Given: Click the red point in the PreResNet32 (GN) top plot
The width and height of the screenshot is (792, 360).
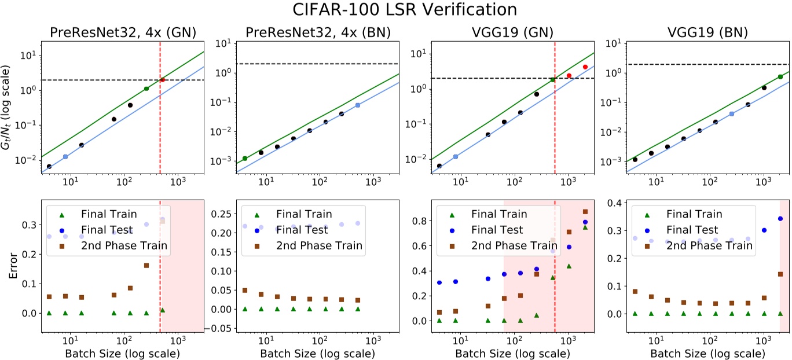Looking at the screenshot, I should coord(163,80).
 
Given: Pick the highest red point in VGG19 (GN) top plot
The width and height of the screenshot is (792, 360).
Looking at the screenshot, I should coord(585,67).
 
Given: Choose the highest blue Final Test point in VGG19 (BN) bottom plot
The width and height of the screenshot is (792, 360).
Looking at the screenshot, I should coord(780,219).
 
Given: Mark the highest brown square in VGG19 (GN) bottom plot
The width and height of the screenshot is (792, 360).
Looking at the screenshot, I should coord(585,212).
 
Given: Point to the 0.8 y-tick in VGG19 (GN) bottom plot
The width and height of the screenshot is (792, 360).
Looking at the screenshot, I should coord(421,221).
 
